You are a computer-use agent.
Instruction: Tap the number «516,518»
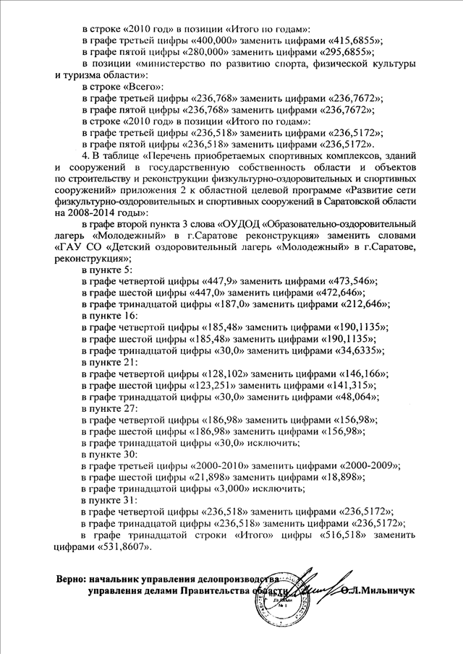(x=341, y=535)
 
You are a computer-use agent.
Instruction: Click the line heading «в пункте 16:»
(x=108, y=316)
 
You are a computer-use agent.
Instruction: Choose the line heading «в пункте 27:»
(x=108, y=408)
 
